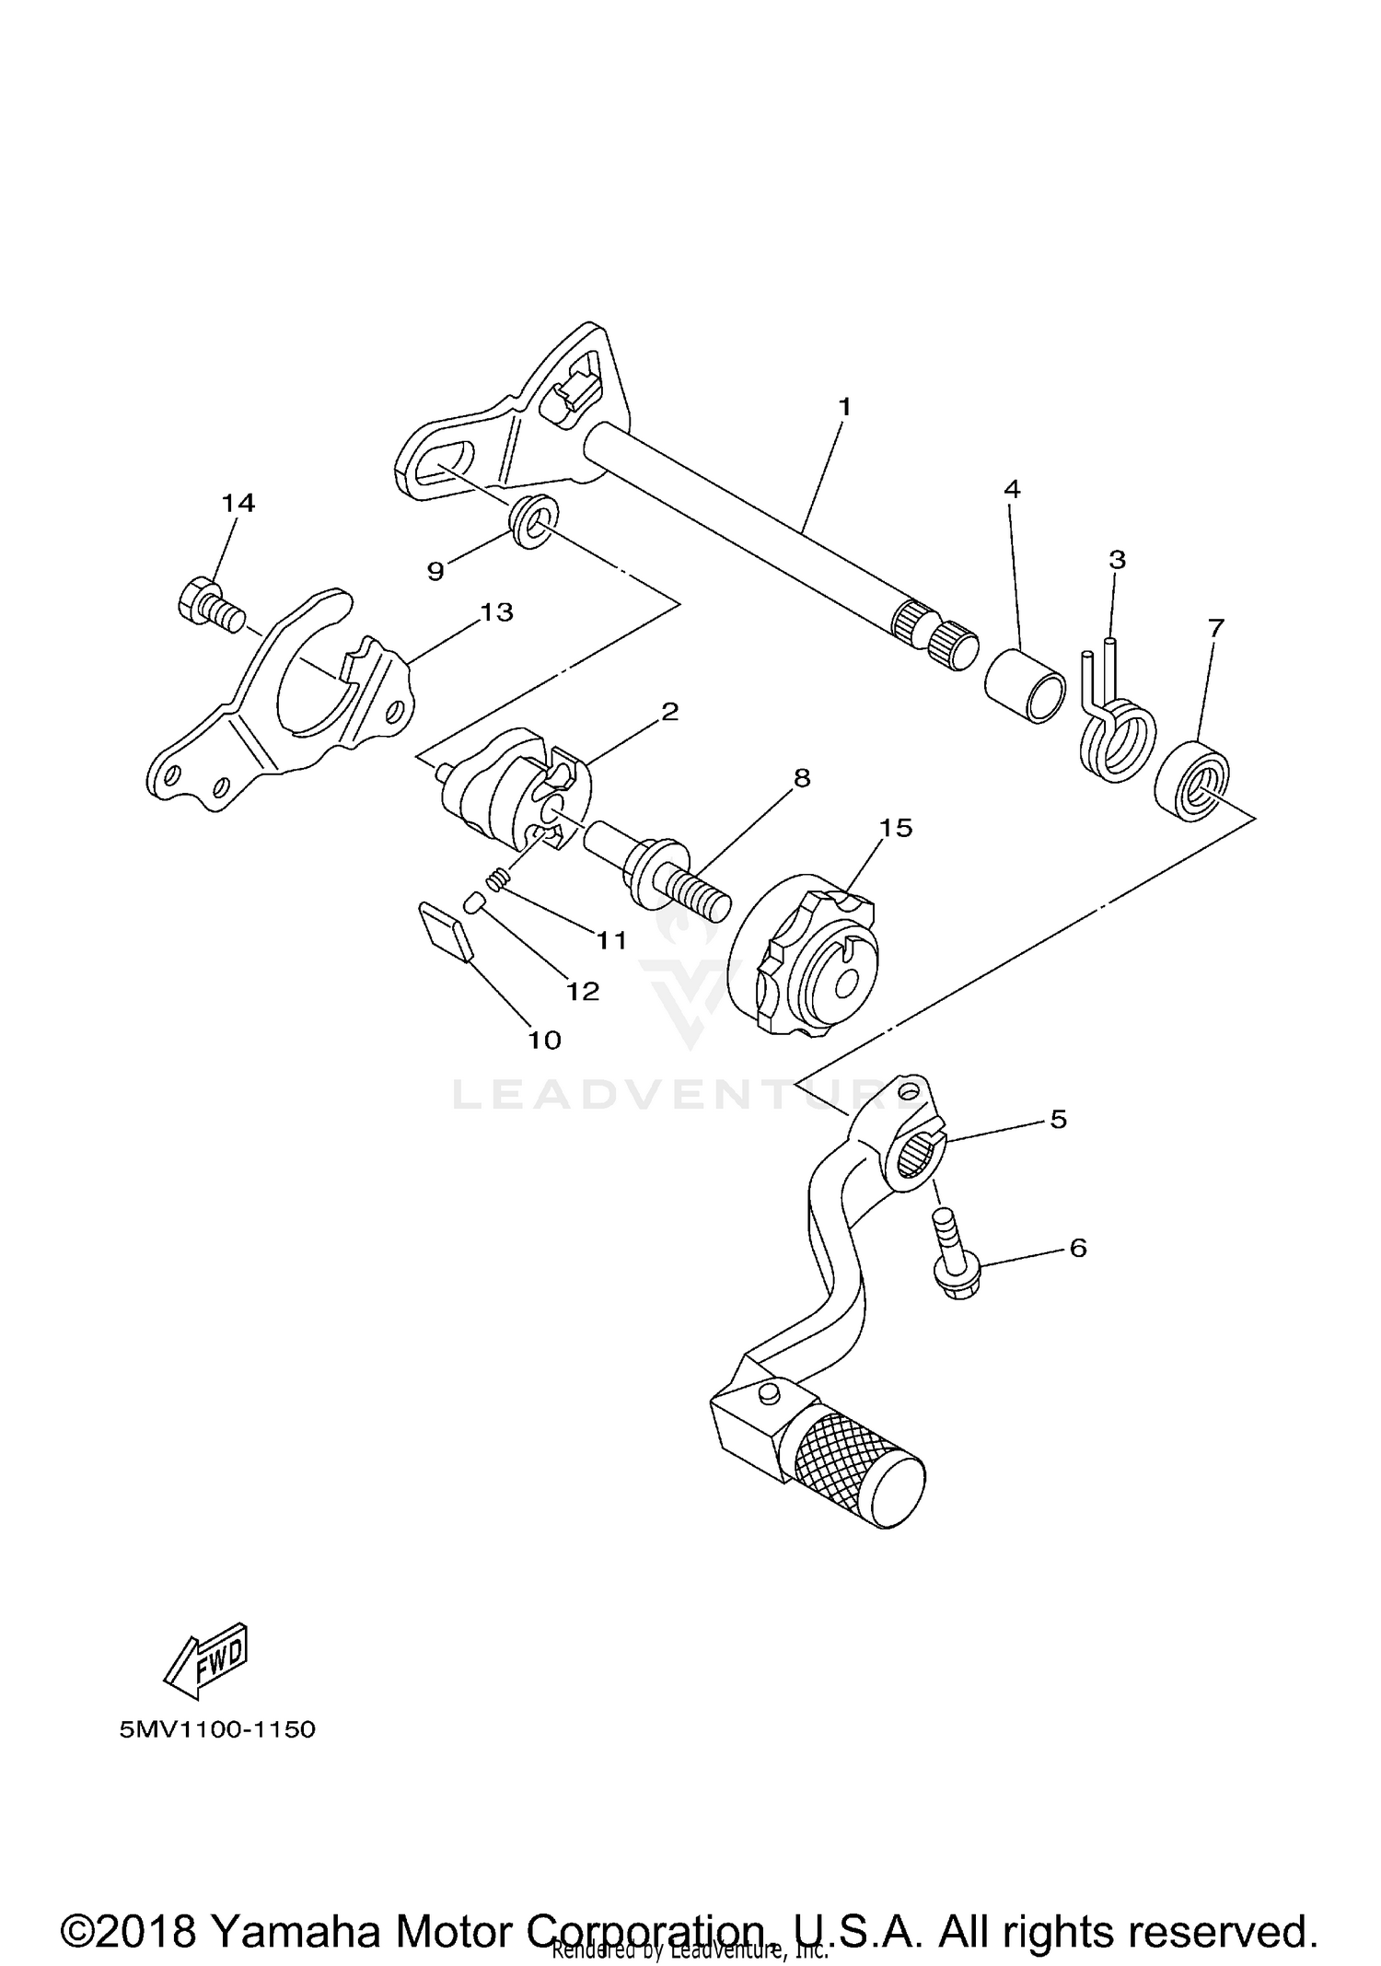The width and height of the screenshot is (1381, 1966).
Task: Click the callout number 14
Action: click(238, 503)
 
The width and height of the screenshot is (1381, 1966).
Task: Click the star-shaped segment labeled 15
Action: click(804, 959)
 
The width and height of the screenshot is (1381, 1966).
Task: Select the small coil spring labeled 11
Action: click(497, 880)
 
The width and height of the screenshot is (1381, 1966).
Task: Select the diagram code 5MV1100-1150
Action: click(217, 1729)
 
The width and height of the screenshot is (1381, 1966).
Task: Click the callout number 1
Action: click(844, 406)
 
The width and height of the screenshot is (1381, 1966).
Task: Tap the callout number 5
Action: click(1058, 1120)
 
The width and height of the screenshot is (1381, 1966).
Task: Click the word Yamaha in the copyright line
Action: click(296, 1906)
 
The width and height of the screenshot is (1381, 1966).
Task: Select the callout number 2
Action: click(669, 711)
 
